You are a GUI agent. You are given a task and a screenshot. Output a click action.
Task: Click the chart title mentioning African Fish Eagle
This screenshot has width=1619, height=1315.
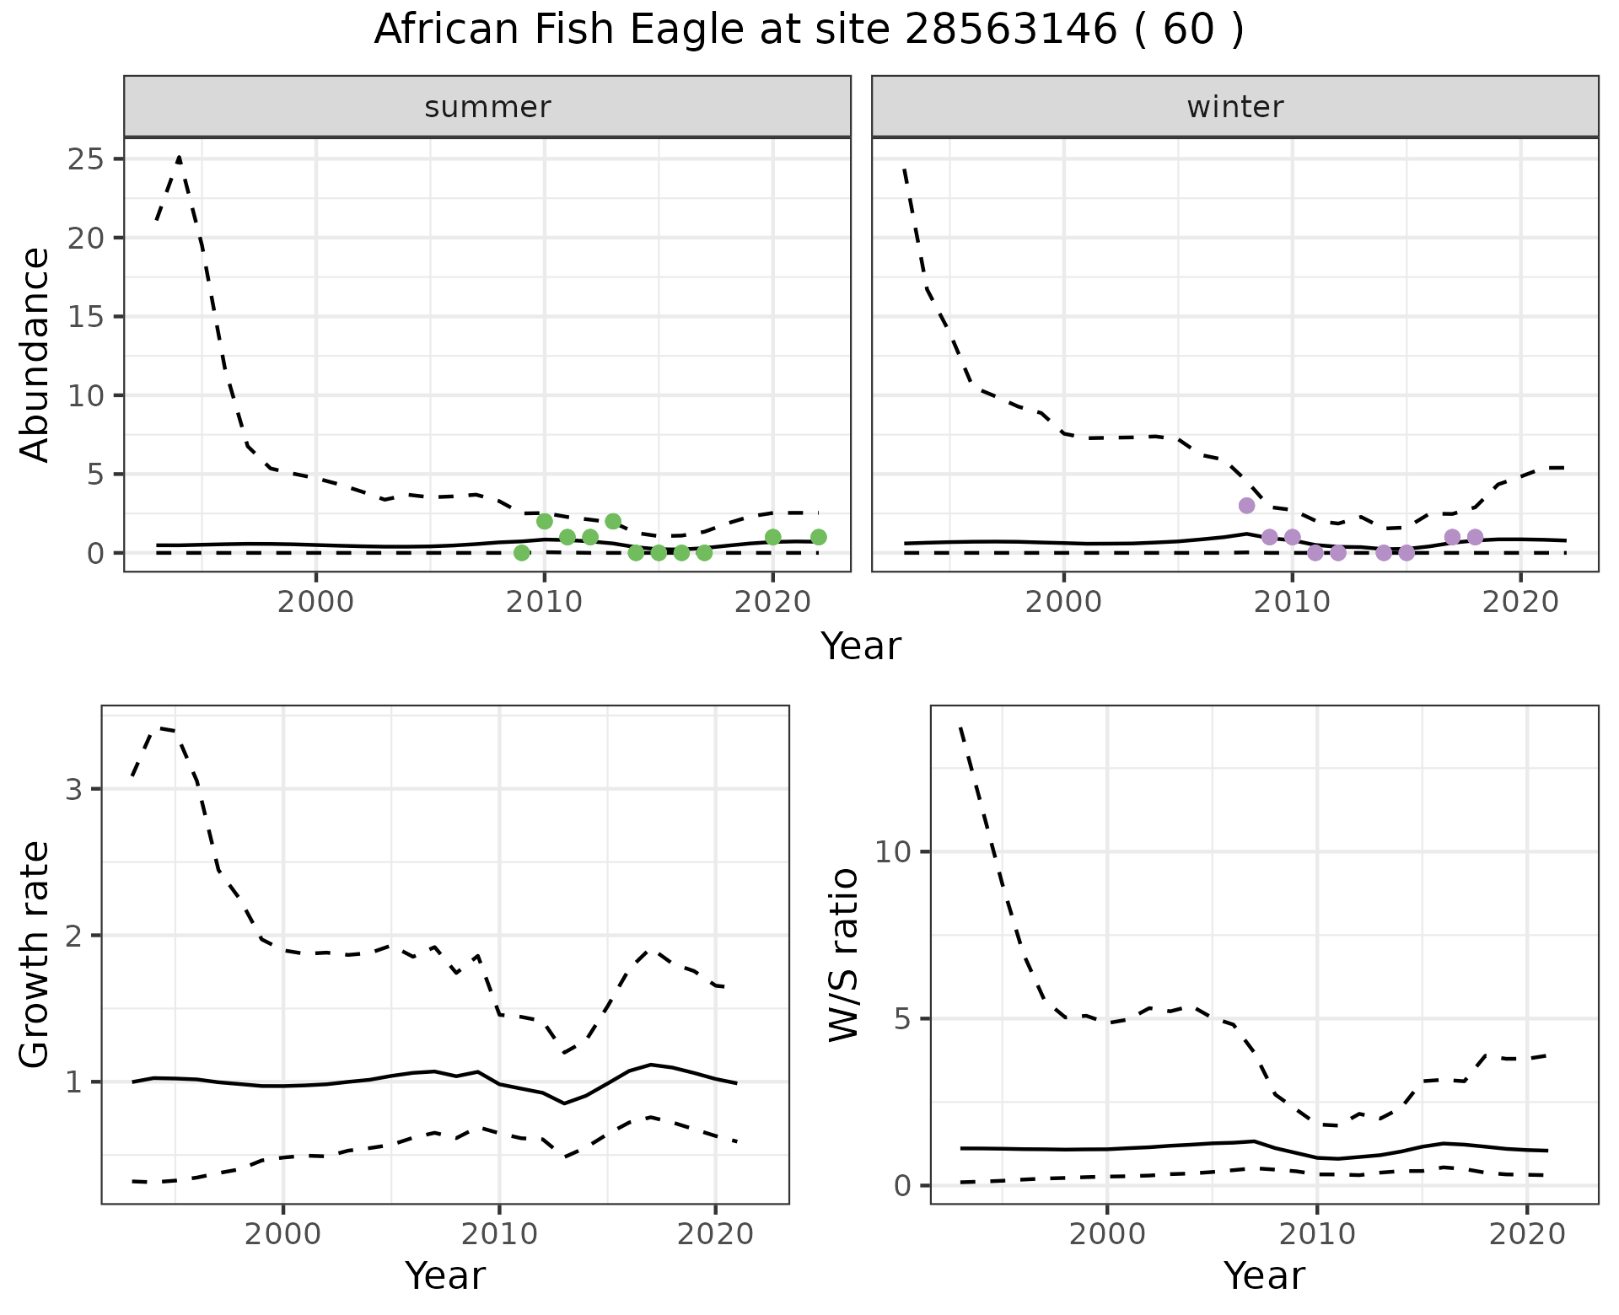click(809, 30)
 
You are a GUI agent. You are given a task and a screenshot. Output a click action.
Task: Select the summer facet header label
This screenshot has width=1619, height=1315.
click(487, 107)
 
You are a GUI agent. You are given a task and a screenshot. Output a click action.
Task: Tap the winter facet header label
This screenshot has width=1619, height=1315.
click(1234, 107)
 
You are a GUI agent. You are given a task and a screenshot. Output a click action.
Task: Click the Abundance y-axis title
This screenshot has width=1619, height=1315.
click(35, 354)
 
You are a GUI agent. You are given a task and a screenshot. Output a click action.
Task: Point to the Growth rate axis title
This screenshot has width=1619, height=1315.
click(35, 954)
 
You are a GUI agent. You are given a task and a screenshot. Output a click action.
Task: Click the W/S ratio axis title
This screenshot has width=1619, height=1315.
click(844, 954)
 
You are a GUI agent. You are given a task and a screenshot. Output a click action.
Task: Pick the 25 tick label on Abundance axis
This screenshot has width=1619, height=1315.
click(83, 159)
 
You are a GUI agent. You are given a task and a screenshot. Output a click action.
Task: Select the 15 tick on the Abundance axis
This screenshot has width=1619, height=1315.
click(83, 317)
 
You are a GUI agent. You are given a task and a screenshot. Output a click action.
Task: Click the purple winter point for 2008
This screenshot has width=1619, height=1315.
click(1246, 506)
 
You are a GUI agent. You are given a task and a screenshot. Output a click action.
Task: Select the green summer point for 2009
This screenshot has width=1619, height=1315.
click(522, 553)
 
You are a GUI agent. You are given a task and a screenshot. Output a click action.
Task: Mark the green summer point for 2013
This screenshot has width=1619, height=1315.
click(613, 521)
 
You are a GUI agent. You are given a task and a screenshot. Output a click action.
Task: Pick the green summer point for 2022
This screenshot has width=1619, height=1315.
click(818, 537)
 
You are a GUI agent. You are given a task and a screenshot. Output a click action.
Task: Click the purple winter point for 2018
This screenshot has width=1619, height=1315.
click(1475, 537)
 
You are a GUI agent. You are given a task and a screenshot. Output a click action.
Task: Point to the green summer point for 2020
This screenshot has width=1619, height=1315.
click(772, 537)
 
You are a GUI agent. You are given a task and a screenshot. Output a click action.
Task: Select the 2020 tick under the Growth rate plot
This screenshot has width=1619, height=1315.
click(715, 1235)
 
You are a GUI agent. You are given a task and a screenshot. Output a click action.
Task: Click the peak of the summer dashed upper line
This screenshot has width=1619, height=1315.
click(179, 158)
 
